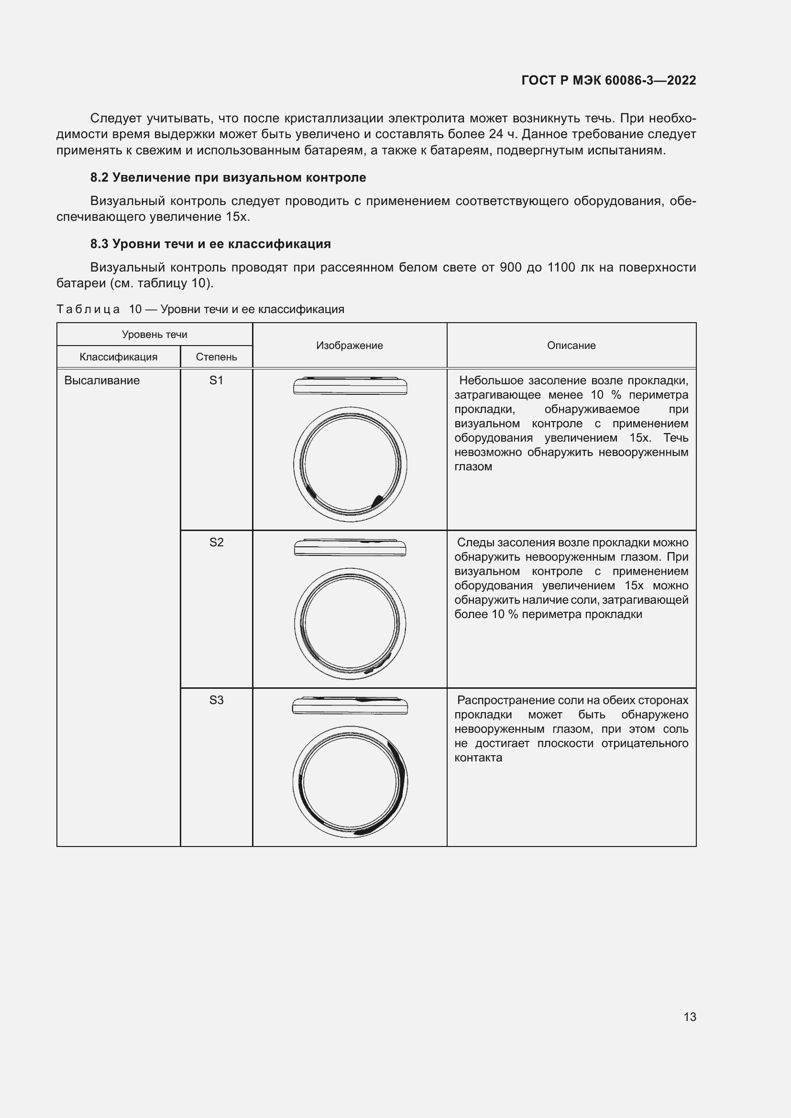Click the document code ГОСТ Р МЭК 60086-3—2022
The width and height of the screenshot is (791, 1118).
pyautogui.click(x=608, y=80)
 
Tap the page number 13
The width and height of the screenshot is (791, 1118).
pyautogui.click(x=690, y=1017)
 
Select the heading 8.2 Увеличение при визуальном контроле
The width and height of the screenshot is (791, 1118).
pyautogui.click(x=228, y=178)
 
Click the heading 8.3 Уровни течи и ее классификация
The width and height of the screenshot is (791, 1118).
pyautogui.click(x=210, y=244)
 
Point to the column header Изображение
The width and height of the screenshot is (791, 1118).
pyautogui.click(x=349, y=345)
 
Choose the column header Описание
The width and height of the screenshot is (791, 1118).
pyautogui.click(x=571, y=345)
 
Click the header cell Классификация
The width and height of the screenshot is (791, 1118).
pyautogui.click(x=118, y=357)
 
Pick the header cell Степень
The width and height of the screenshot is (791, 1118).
pyautogui.click(x=216, y=357)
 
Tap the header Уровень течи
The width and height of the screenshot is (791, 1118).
pyautogui.click(x=154, y=335)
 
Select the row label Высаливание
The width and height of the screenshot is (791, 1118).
pyautogui.click(x=102, y=380)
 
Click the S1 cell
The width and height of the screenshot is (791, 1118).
pyautogui.click(x=216, y=380)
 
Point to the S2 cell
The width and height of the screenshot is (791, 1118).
pyautogui.click(x=216, y=542)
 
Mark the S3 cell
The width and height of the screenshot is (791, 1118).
pyautogui.click(x=216, y=700)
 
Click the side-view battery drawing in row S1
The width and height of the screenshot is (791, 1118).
pyautogui.click(x=350, y=386)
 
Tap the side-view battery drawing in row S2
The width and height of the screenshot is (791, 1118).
pyautogui.click(x=350, y=548)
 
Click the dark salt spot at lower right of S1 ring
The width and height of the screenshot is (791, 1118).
pyautogui.click(x=377, y=500)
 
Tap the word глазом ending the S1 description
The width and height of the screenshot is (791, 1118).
pyautogui.click(x=473, y=467)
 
